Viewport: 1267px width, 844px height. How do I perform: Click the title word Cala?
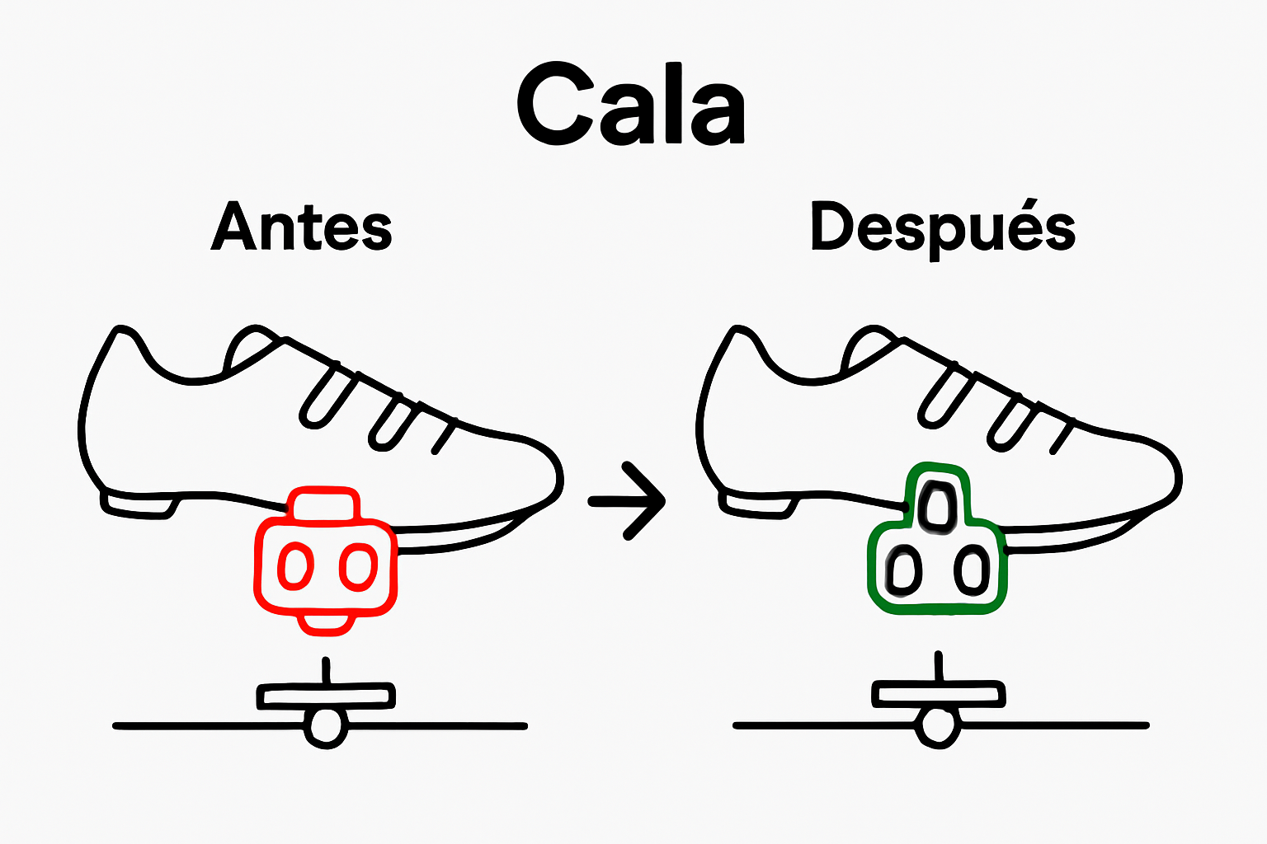[631, 105]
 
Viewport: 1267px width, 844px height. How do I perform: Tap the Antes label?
[302, 227]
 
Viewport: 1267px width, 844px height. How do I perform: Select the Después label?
[943, 227]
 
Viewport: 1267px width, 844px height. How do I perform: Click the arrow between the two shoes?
[628, 500]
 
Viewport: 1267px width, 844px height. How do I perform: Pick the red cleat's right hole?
[358, 566]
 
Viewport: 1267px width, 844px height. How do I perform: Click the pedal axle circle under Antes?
[326, 727]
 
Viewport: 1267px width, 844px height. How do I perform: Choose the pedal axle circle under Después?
[937, 726]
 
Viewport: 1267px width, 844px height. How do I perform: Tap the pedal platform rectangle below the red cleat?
[326, 696]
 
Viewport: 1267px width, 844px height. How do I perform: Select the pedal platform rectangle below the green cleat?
[939, 693]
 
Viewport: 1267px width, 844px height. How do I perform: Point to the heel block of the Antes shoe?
[138, 504]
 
